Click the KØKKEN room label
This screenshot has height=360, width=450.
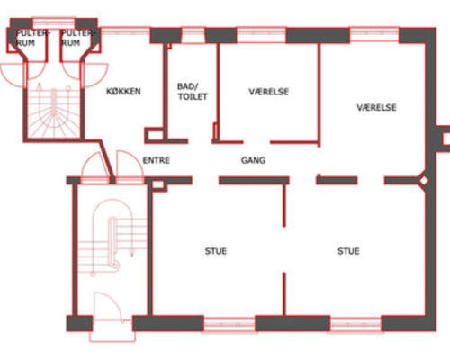[x=123, y=91]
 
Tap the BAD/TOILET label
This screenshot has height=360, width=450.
[x=192, y=92]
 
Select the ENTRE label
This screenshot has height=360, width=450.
[x=156, y=160]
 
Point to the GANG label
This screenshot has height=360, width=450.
[x=253, y=160]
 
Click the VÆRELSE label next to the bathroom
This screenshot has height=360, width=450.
[x=269, y=92]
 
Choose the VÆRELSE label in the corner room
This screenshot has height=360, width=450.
[x=376, y=107]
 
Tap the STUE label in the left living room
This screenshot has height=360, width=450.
[x=216, y=251]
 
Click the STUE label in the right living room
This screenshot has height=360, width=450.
[x=348, y=251]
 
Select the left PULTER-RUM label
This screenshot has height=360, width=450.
[x=31, y=38]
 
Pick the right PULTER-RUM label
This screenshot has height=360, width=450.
[x=77, y=38]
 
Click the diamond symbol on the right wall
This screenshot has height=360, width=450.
[x=424, y=181]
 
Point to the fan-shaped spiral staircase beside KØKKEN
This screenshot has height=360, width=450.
[x=53, y=111]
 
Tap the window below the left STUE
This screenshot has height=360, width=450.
[x=229, y=324]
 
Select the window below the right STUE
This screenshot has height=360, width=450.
[x=355, y=324]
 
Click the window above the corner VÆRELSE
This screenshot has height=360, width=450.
[x=374, y=35]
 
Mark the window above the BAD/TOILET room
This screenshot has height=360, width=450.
[x=193, y=35]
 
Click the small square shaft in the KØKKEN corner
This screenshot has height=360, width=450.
[x=155, y=135]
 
